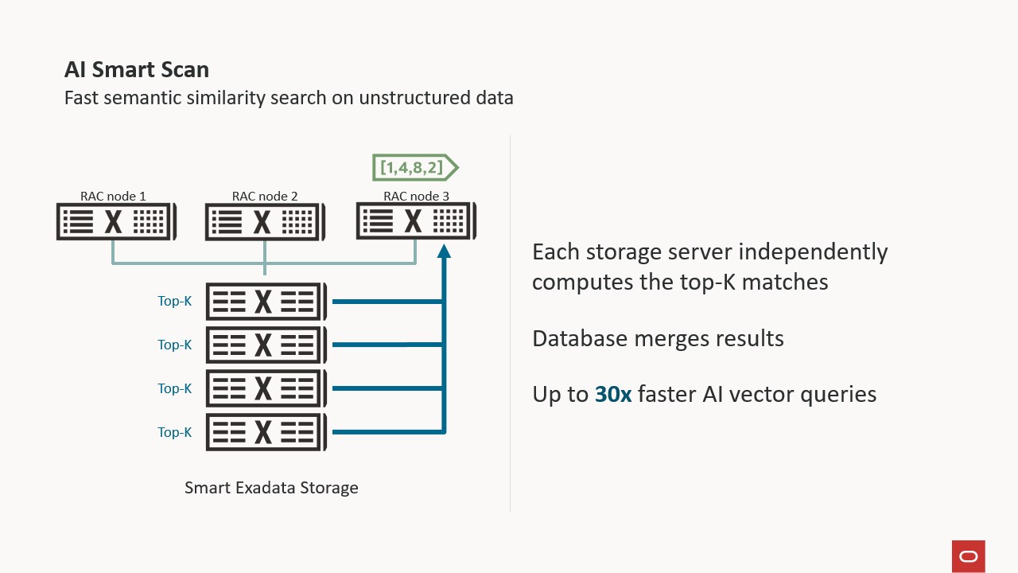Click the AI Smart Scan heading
(137, 70)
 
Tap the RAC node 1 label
(113, 196)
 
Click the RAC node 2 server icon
(264, 222)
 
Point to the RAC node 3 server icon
(415, 221)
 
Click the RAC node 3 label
(416, 196)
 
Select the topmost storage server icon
(266, 302)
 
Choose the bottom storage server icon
(266, 432)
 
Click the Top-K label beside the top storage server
(174, 302)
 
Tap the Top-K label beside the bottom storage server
(174, 432)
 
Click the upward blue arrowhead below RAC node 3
(444, 251)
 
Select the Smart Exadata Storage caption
(271, 488)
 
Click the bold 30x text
(613, 394)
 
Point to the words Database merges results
(658, 338)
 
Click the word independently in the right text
(813, 252)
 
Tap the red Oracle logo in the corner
(968, 556)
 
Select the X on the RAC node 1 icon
(114, 222)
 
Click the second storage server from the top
(266, 345)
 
